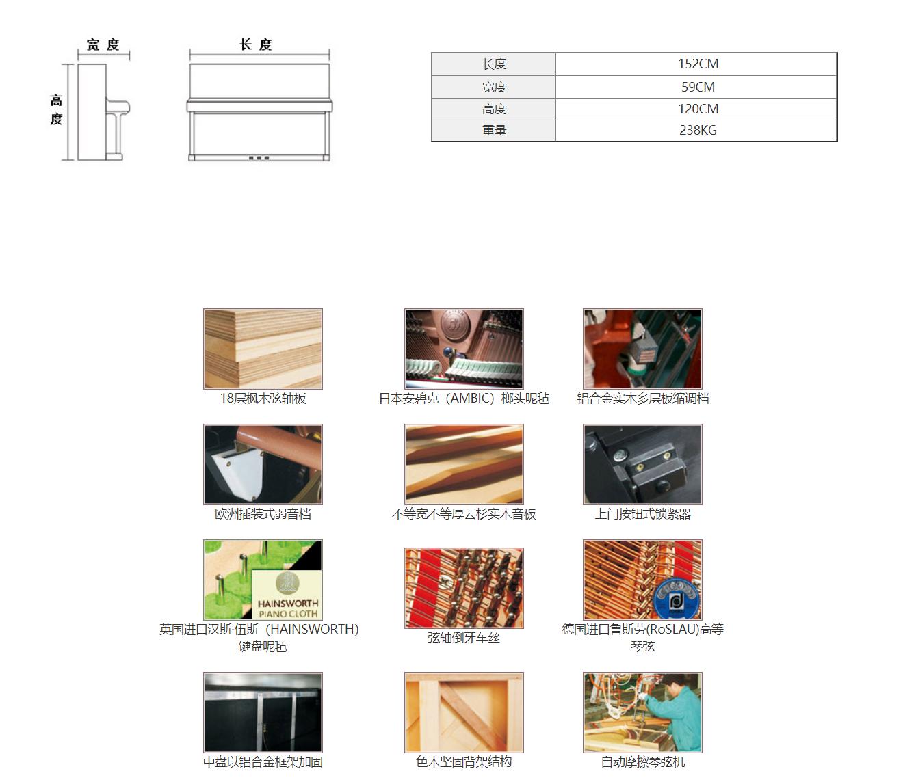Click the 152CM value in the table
pos(698,64)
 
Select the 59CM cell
pos(698,87)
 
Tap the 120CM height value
pos(698,109)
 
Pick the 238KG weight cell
pos(698,130)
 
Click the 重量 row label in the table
pos(494,130)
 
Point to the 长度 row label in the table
pos(494,64)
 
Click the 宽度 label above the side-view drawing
pos(103,44)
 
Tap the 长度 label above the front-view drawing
pos(256,44)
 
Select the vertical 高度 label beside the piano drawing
pos(56,109)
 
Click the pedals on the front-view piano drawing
pos(259,158)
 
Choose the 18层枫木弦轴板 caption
pos(263,399)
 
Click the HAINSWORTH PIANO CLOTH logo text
pos(288,608)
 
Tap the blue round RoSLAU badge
pos(677,599)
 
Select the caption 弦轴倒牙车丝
pos(464,638)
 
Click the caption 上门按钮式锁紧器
pos(642,514)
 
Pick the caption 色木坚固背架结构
pos(464,762)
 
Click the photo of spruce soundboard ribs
pos(464,464)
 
